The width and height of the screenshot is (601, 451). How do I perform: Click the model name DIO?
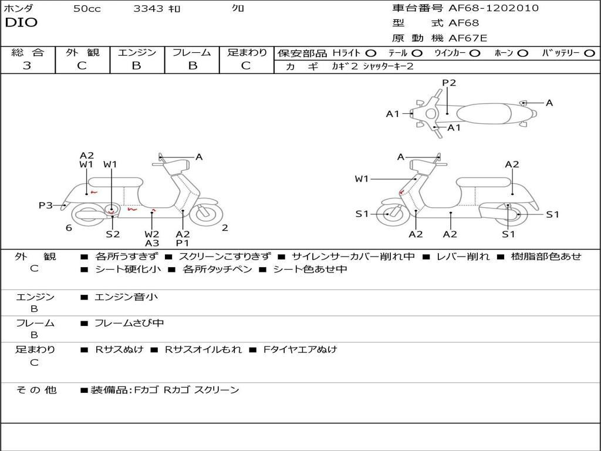pyautogui.click(x=21, y=23)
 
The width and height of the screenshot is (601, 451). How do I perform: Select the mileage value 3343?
pyautogui.click(x=149, y=9)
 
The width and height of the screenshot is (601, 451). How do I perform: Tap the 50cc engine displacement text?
pyautogui.click(x=87, y=9)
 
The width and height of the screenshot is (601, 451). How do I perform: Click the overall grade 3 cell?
pyautogui.click(x=27, y=66)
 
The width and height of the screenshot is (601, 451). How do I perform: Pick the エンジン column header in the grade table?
pyautogui.click(x=137, y=53)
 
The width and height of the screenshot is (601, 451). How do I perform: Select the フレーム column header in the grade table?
pyautogui.click(x=191, y=53)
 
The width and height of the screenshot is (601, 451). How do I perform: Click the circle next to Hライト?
pyautogui.click(x=371, y=53)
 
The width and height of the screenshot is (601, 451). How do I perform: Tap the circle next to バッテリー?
pyautogui.click(x=589, y=53)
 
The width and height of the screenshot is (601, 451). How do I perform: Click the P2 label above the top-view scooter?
pyautogui.click(x=449, y=83)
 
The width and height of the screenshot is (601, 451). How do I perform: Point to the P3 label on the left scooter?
pyautogui.click(x=46, y=205)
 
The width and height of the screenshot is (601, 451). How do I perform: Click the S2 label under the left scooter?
pyautogui.click(x=113, y=234)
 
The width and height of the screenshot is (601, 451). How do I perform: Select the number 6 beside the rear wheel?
pyautogui.click(x=69, y=228)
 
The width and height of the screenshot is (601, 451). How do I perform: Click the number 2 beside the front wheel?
pyautogui.click(x=225, y=228)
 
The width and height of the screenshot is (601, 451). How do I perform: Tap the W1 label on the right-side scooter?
pyautogui.click(x=362, y=179)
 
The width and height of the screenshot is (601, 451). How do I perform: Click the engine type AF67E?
pyautogui.click(x=468, y=38)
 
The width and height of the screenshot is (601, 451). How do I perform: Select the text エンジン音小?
pyautogui.click(x=126, y=297)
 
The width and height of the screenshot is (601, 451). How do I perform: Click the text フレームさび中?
pyautogui.click(x=129, y=323)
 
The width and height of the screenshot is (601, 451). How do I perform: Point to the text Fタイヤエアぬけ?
pyautogui.click(x=300, y=349)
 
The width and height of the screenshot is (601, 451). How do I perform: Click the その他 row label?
pyautogui.click(x=36, y=390)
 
